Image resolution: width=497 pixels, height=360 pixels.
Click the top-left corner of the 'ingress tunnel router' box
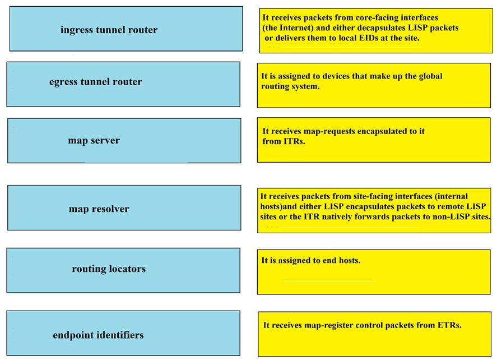point(10,7)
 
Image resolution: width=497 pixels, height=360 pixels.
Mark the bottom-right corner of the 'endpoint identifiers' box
point(240,356)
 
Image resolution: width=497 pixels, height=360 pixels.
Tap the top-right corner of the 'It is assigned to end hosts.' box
point(491,250)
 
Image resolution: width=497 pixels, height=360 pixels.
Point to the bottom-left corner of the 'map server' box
point(8,163)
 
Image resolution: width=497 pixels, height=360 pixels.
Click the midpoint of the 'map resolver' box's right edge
point(241,207)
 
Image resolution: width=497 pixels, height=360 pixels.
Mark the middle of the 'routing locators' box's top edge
point(123,248)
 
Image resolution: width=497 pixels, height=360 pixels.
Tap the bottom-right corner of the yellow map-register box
point(491,357)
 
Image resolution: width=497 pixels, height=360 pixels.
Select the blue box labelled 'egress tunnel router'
point(123,84)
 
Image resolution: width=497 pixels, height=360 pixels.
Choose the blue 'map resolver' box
point(124,207)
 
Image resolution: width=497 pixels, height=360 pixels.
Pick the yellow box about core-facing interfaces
point(376,31)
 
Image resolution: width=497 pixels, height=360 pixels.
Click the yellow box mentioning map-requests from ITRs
point(374,140)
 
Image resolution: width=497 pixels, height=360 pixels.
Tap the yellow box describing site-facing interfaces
point(374,210)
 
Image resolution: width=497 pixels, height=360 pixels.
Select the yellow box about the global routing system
point(374,85)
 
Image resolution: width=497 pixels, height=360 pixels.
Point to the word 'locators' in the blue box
point(127,269)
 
